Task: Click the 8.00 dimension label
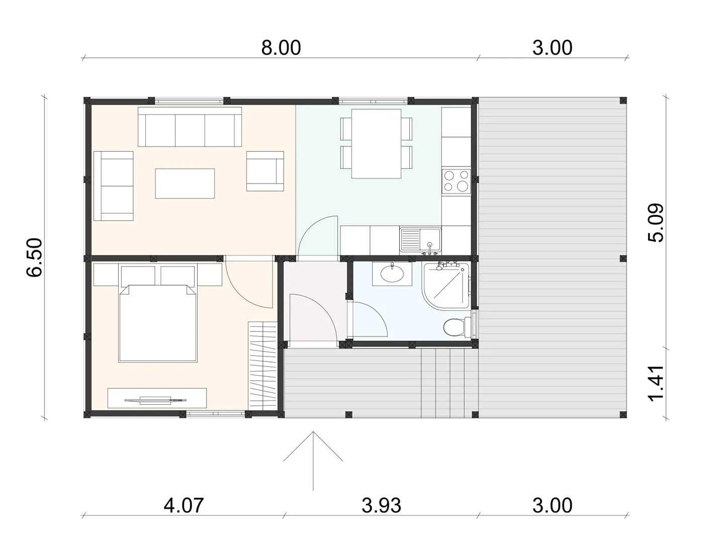pos(281,48)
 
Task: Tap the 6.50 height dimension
pos(34,257)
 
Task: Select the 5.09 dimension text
pos(655,223)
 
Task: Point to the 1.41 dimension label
pos(655,384)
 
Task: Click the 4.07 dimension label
pos(184,505)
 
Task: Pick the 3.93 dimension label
pos(381,505)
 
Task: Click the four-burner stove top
pos(456,180)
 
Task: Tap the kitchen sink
pos(420,240)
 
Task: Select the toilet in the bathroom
pos(457,327)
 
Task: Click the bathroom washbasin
pos(392,274)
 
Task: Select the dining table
pos(376,144)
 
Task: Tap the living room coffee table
pos(185,184)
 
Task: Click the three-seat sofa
pos(190,127)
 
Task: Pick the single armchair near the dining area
pos(265,171)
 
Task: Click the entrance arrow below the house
pos(313,461)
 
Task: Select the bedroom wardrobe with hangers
pos(262,366)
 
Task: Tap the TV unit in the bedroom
pos(157,398)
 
